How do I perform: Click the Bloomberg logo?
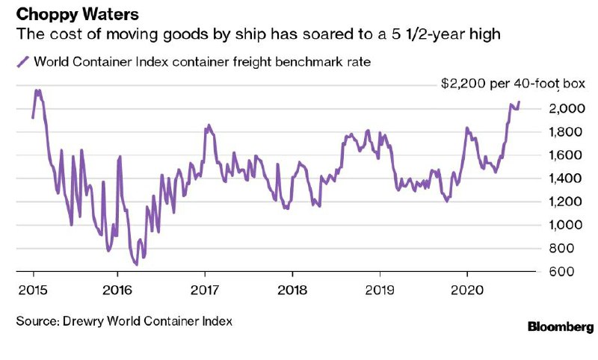click(x=561, y=326)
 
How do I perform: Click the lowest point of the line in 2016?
click(x=136, y=264)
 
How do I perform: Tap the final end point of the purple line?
click(x=519, y=102)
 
